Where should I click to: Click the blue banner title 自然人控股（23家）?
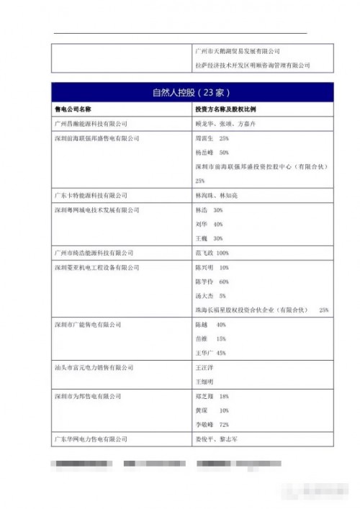[x=192, y=92]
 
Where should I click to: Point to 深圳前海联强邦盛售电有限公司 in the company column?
[x=97, y=138]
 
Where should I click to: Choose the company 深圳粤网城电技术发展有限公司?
[x=97, y=210]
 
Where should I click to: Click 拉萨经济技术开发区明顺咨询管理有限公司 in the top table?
[x=253, y=66]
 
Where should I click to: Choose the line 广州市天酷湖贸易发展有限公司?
[x=238, y=52]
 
